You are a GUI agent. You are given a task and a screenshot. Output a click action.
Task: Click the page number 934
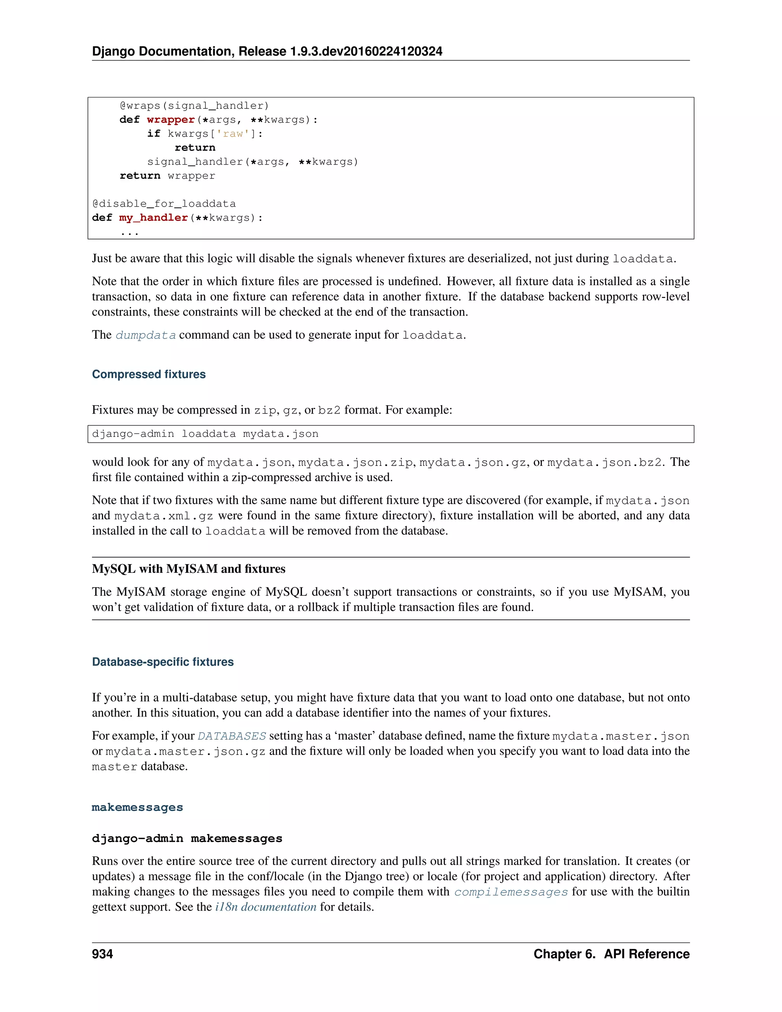point(102,954)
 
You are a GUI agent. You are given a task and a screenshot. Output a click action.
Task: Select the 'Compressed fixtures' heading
point(149,374)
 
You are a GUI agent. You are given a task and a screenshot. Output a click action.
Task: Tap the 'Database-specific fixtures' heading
point(163,662)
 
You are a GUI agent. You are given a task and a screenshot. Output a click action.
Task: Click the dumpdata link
point(145,335)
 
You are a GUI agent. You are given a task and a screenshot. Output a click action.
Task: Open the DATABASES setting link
point(232,736)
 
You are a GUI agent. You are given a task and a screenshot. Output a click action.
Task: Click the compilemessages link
point(511,892)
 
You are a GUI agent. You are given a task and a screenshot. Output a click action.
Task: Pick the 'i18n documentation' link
point(265,907)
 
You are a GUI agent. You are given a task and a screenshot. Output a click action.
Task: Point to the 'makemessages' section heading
point(137,807)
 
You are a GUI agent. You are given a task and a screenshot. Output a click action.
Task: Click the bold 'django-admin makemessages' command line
point(187,838)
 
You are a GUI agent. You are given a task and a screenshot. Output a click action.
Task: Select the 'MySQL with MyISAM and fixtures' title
point(189,569)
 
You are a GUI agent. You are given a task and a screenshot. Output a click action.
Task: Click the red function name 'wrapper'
point(170,120)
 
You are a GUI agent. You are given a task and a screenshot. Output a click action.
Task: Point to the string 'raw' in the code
point(233,134)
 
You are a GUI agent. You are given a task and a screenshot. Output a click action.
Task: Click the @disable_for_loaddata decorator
point(164,204)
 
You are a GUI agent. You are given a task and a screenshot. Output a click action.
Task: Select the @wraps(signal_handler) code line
point(194,106)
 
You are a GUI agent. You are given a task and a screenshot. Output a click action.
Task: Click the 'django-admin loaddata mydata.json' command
point(205,434)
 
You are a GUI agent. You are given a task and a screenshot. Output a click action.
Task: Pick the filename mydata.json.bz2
point(604,462)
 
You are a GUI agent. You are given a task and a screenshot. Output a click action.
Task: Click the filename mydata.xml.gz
point(163,516)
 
